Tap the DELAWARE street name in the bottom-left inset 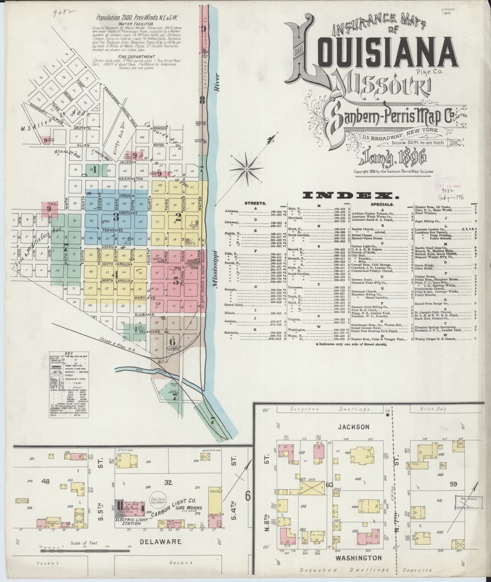click(160, 542)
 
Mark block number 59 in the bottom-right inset click(454, 484)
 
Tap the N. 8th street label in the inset click(267, 522)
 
